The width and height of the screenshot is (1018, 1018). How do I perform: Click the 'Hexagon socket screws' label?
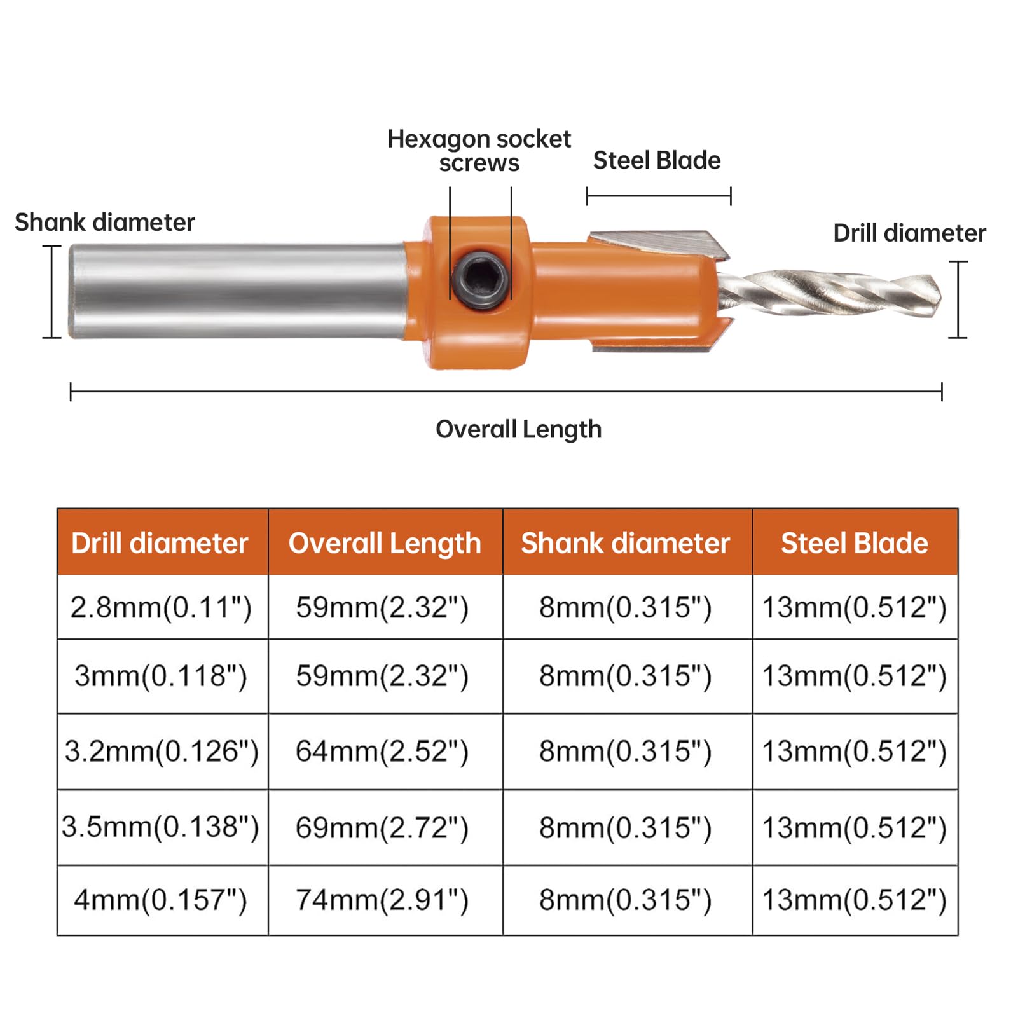(479, 151)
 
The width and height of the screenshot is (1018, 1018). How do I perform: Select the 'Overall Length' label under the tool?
(518, 429)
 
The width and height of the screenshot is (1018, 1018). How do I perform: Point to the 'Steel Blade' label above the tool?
(657, 160)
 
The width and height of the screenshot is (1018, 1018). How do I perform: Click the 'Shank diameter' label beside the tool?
(104, 223)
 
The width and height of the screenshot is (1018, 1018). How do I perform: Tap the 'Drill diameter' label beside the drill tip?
(909, 233)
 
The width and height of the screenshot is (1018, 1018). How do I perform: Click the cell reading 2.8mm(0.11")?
(161, 607)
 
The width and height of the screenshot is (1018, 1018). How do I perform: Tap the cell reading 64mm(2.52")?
(382, 752)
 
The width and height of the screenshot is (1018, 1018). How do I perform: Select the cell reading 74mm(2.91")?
(382, 900)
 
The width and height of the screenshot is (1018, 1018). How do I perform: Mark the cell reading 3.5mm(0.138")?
(161, 827)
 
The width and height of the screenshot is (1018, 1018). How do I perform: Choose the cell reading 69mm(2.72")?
(382, 827)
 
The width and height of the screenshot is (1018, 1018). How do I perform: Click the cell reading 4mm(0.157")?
(161, 900)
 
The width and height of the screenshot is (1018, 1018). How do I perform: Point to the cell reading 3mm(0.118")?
(161, 676)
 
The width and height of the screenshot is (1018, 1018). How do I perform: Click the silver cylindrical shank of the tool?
(235, 291)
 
